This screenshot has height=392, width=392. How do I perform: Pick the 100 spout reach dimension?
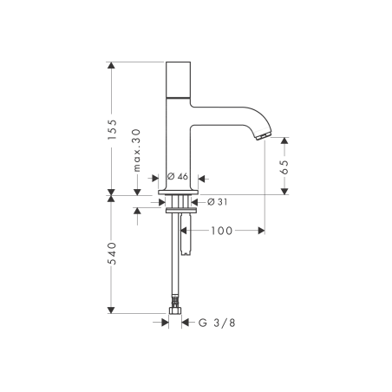click(222, 230)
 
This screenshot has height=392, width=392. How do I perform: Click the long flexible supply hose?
click(176, 269)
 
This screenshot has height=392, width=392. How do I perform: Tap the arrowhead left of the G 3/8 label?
click(167, 323)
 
